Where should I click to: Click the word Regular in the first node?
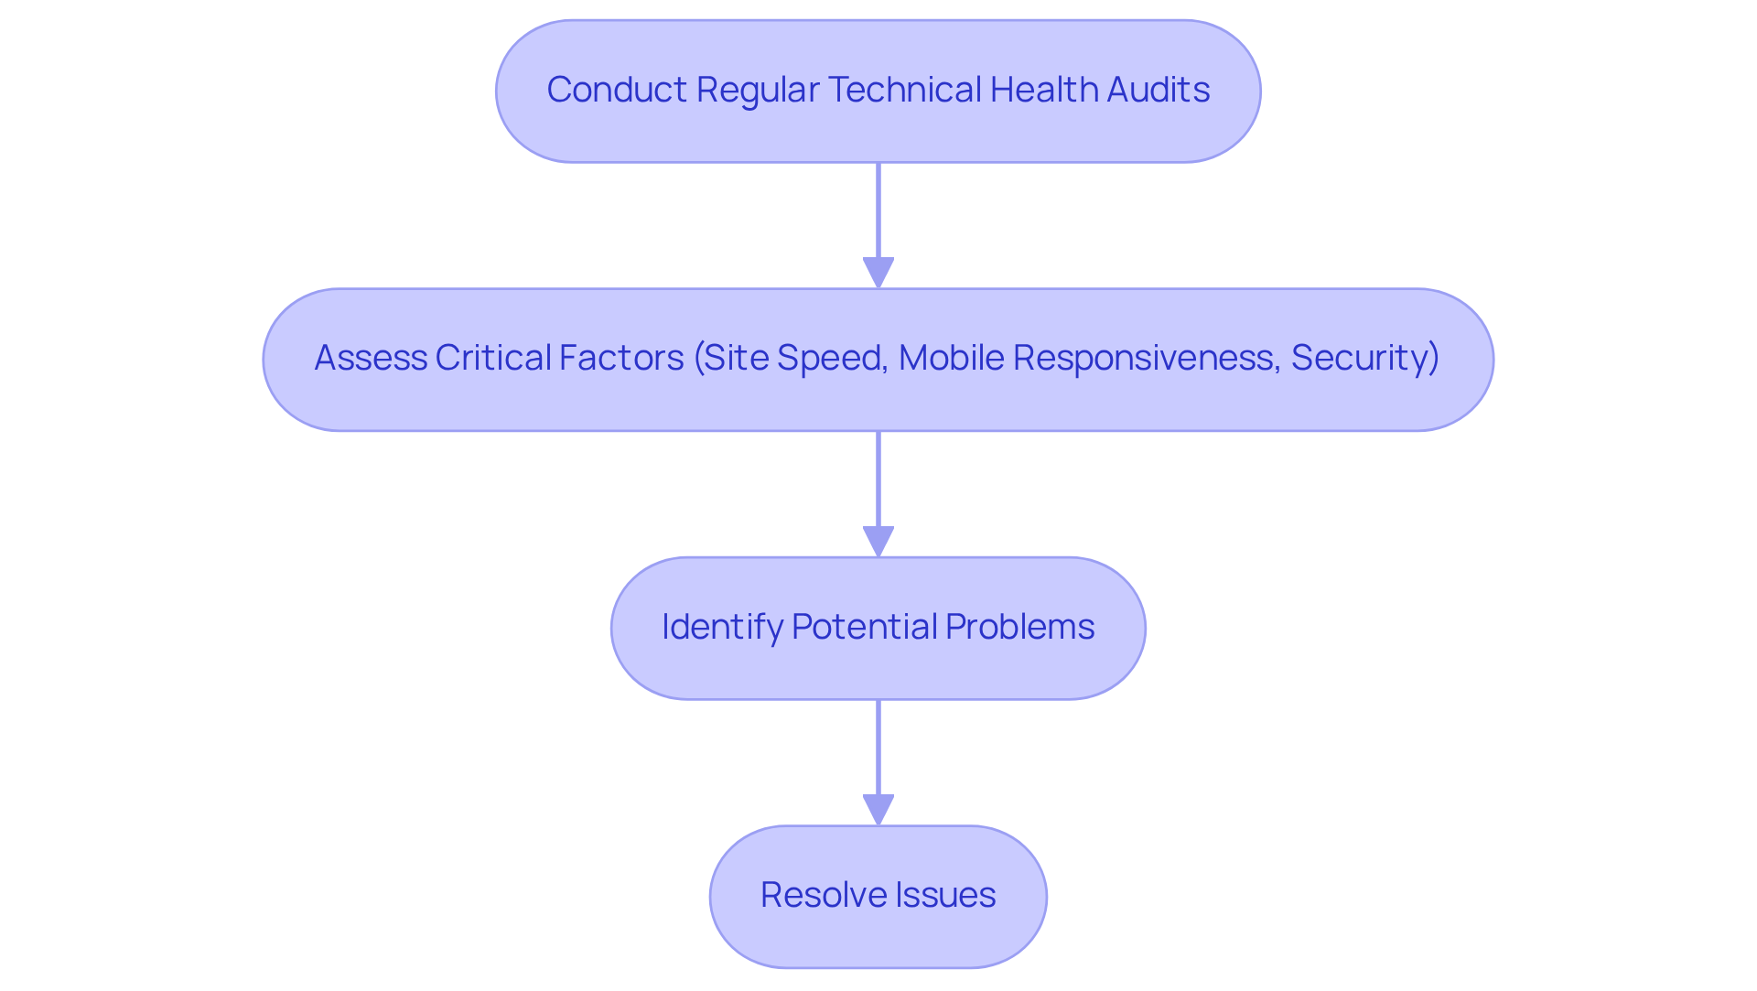pyautogui.click(x=757, y=90)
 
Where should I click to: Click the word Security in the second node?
pyautogui.click(x=1360, y=358)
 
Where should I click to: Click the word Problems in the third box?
pyautogui.click(x=1019, y=627)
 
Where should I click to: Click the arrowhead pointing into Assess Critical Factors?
pyautogui.click(x=878, y=273)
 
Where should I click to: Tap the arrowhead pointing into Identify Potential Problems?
pyautogui.click(x=878, y=541)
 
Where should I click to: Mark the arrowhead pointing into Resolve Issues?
pyautogui.click(x=878, y=810)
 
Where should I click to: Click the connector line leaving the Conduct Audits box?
pyautogui.click(x=878, y=210)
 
